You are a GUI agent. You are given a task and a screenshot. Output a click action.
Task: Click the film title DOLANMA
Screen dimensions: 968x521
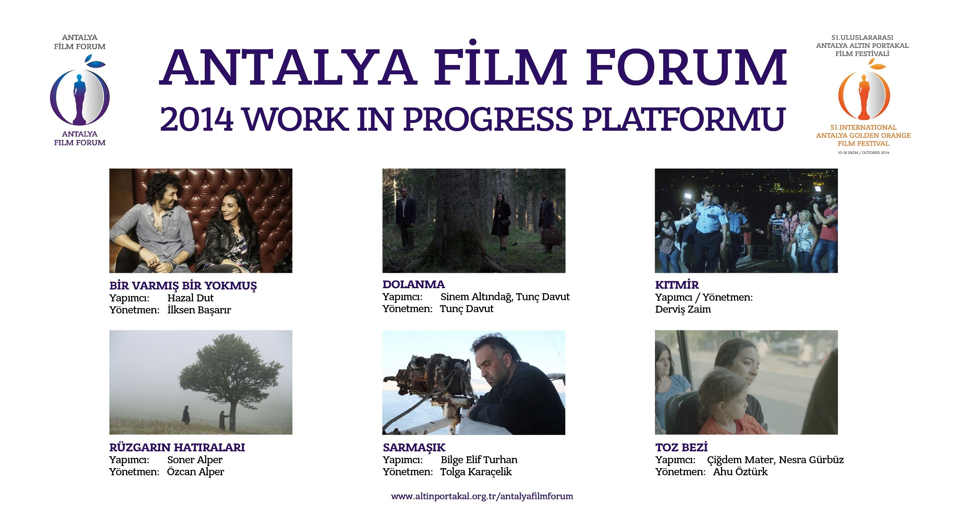click(413, 284)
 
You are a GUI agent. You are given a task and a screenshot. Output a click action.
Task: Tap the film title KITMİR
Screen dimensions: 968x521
click(677, 285)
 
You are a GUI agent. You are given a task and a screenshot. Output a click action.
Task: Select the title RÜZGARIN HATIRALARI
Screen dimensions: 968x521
click(177, 447)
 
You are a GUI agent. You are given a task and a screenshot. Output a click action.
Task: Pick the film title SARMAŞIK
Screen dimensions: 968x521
click(414, 447)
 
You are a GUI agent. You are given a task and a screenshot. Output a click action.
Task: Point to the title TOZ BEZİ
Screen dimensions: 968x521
click(681, 447)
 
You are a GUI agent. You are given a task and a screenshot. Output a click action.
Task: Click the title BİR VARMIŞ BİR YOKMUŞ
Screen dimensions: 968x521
click(183, 285)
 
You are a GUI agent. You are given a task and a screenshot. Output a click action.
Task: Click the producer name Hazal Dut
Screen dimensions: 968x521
click(190, 298)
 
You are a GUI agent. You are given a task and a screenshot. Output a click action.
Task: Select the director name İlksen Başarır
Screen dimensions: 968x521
click(199, 310)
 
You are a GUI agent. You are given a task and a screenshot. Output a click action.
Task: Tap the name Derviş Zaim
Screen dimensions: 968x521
click(683, 310)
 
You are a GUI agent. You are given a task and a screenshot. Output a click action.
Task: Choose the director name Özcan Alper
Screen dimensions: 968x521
click(195, 471)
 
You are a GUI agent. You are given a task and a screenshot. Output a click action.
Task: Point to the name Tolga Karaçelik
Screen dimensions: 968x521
click(476, 472)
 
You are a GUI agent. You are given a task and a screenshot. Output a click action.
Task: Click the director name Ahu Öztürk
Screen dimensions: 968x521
click(740, 471)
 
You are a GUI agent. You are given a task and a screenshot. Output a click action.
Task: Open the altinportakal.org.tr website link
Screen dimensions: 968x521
click(482, 496)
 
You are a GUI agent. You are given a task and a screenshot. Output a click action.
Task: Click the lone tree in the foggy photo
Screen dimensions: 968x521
click(230, 379)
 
